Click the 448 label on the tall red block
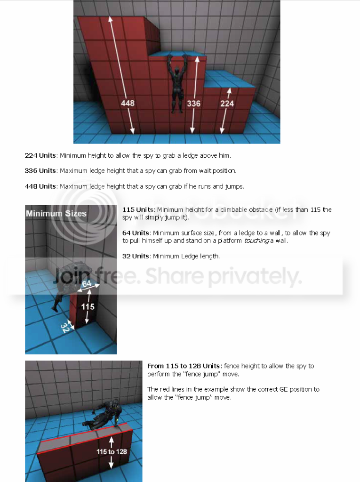(x=128, y=103)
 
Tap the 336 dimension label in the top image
(x=194, y=103)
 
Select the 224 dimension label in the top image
(x=227, y=103)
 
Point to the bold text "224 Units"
(x=40, y=155)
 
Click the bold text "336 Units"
(x=40, y=170)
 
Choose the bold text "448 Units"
(x=40, y=186)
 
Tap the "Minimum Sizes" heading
(x=56, y=213)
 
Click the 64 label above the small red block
(x=87, y=283)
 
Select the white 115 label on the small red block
(x=88, y=306)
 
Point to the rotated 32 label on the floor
(x=65, y=328)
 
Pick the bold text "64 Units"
(x=136, y=233)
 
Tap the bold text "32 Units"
(x=136, y=256)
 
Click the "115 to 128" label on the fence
(x=112, y=451)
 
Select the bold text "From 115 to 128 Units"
(x=183, y=366)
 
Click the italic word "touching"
(x=256, y=241)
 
